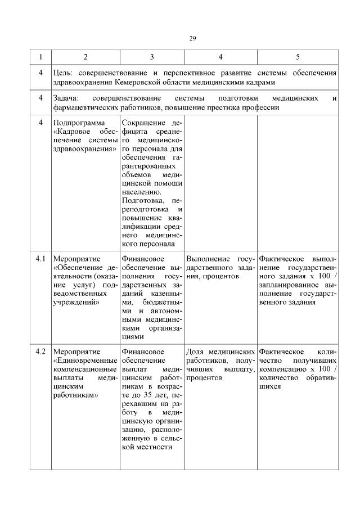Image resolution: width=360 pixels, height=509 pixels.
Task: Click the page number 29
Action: click(192, 38)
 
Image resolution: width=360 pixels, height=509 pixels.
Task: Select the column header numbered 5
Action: click(298, 57)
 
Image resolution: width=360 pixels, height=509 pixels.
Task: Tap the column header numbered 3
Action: click(152, 57)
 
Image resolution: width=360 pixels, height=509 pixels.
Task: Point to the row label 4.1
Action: click(40, 259)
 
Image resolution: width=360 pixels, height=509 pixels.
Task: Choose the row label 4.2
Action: click(40, 352)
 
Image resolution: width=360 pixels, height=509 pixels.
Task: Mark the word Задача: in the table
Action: click(66, 98)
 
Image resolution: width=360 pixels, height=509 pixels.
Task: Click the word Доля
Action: click(195, 352)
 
